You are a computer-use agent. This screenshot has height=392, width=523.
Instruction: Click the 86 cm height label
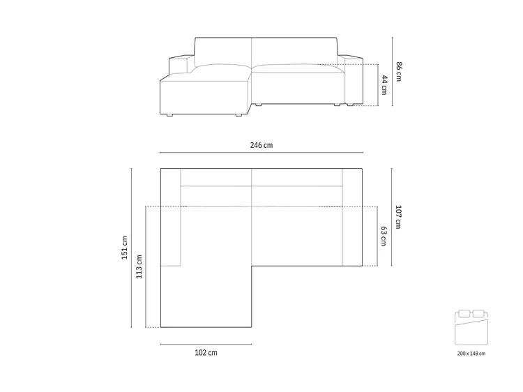[x=399, y=71]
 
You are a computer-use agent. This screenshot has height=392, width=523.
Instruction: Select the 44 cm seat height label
[x=384, y=85]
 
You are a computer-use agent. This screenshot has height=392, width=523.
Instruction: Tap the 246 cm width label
[x=261, y=145]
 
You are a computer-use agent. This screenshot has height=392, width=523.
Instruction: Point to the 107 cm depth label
[x=399, y=216]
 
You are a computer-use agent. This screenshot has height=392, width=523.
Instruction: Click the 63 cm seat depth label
[x=384, y=236]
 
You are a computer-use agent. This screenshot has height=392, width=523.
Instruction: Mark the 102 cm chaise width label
[x=206, y=353]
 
